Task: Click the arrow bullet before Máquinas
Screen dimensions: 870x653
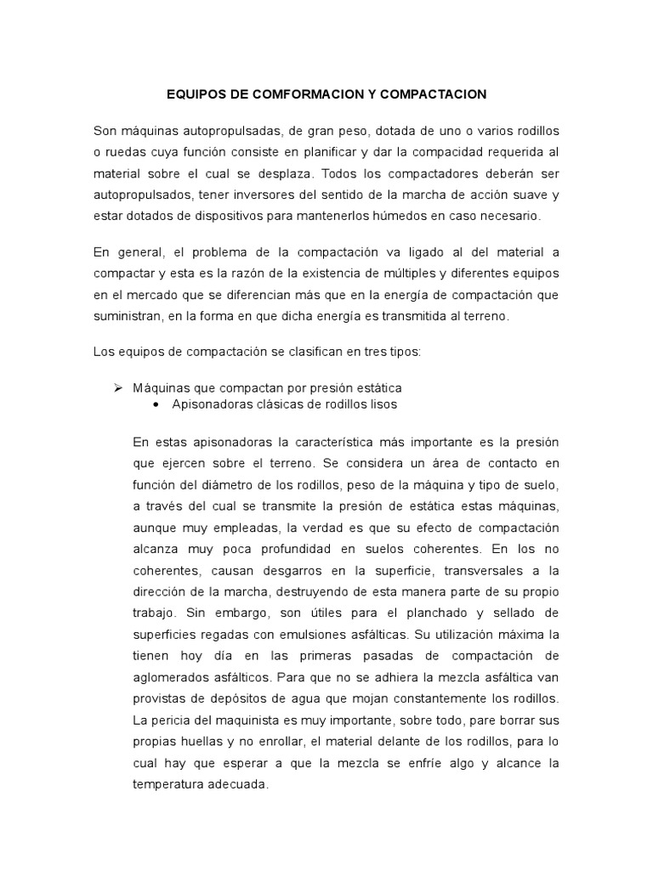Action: [118, 387]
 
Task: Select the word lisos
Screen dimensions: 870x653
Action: [380, 404]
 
